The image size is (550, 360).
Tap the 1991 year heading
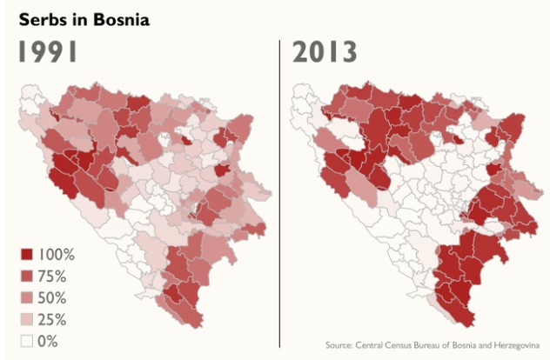(x=50, y=51)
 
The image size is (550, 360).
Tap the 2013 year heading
(x=325, y=51)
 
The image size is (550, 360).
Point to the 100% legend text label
(x=58, y=255)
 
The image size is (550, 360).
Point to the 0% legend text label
(x=51, y=341)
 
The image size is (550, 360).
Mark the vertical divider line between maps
(x=279, y=191)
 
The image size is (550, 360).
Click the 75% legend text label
(x=55, y=277)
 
